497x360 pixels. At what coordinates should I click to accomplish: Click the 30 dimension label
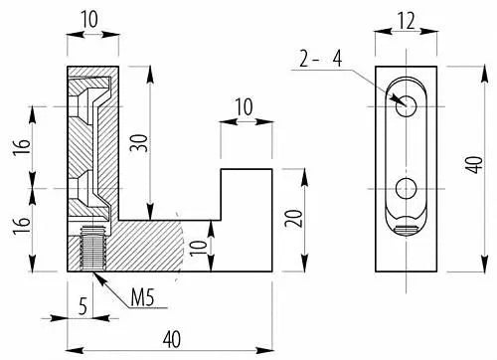[x=138, y=143]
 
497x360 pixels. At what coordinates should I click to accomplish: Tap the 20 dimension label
[x=294, y=219]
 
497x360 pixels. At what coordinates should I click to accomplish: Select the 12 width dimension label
[x=407, y=22]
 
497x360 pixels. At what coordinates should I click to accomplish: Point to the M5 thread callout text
[x=142, y=297]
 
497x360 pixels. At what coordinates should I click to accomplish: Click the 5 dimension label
[x=83, y=305]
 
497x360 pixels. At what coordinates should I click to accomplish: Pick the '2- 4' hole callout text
[x=320, y=59]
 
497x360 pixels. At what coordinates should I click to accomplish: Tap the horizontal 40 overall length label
[x=172, y=339]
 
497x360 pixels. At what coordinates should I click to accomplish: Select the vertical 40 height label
[x=474, y=165]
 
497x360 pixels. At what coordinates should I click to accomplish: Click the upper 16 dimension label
[x=22, y=147]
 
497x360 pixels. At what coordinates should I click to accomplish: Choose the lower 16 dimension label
[x=22, y=226]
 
